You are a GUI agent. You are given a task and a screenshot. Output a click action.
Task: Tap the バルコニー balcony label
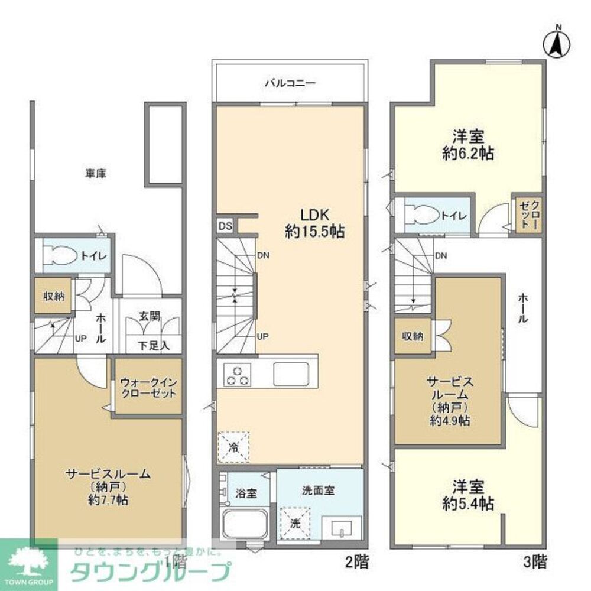coord(289,83)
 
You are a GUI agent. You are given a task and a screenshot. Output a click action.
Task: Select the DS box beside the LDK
coord(225,226)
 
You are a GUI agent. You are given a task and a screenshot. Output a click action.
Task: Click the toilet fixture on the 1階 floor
coord(63,255)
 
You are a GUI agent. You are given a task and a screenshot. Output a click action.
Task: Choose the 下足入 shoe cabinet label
coord(154,346)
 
